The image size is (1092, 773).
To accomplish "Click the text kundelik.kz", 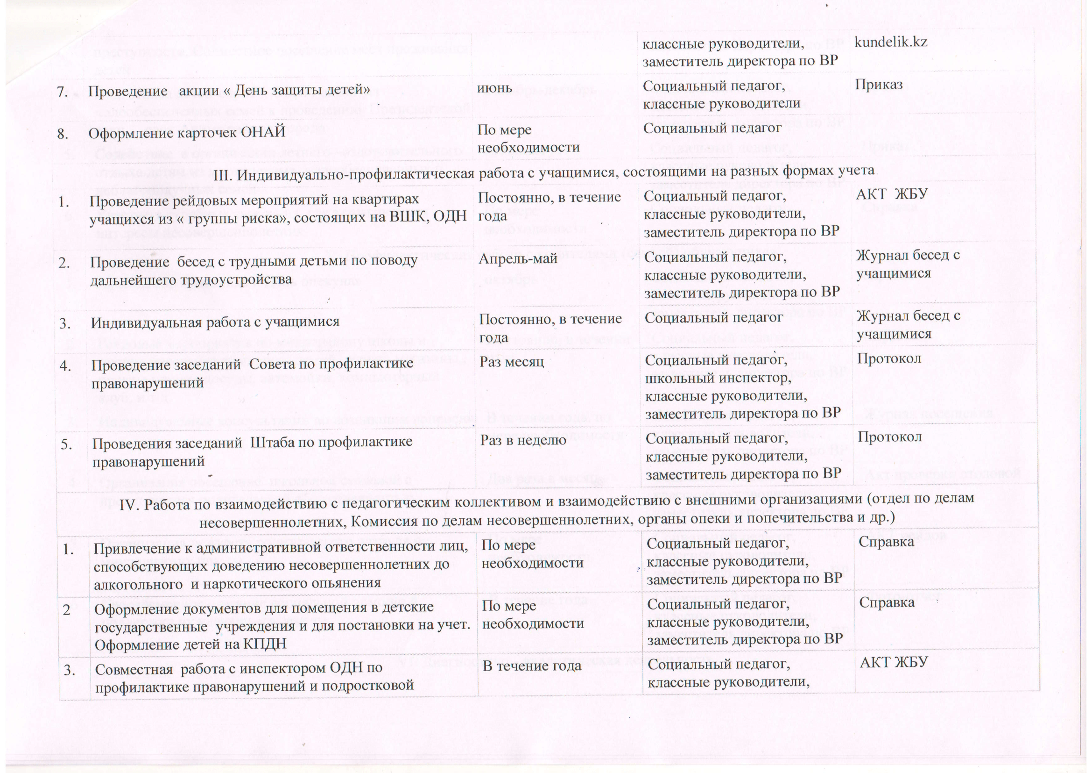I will (891, 42).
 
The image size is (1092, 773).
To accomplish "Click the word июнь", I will (494, 87).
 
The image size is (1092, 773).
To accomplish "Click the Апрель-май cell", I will (518, 259).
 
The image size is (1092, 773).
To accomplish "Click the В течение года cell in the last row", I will (532, 666).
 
